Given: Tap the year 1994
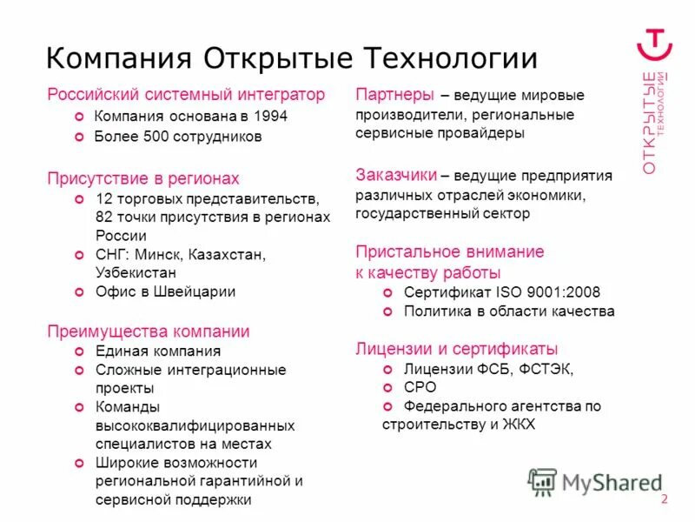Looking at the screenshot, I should pyautogui.click(x=269, y=116).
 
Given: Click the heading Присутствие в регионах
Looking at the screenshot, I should pyautogui.click(x=143, y=178).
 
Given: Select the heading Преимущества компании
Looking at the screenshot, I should pyautogui.click(x=149, y=331).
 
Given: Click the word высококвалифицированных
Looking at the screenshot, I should pyautogui.click(x=195, y=426).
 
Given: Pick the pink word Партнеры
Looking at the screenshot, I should pyautogui.click(x=394, y=95).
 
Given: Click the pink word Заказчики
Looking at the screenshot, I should pyautogui.click(x=396, y=175).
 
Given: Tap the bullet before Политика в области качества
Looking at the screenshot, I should pyautogui.click(x=387, y=311).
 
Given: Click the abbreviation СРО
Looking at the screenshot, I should pyautogui.click(x=420, y=387).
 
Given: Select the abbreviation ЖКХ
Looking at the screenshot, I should pyautogui.click(x=519, y=425).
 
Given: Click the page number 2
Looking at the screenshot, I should pyautogui.click(x=665, y=499).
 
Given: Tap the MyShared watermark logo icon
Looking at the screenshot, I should pyautogui.click(x=543, y=481).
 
